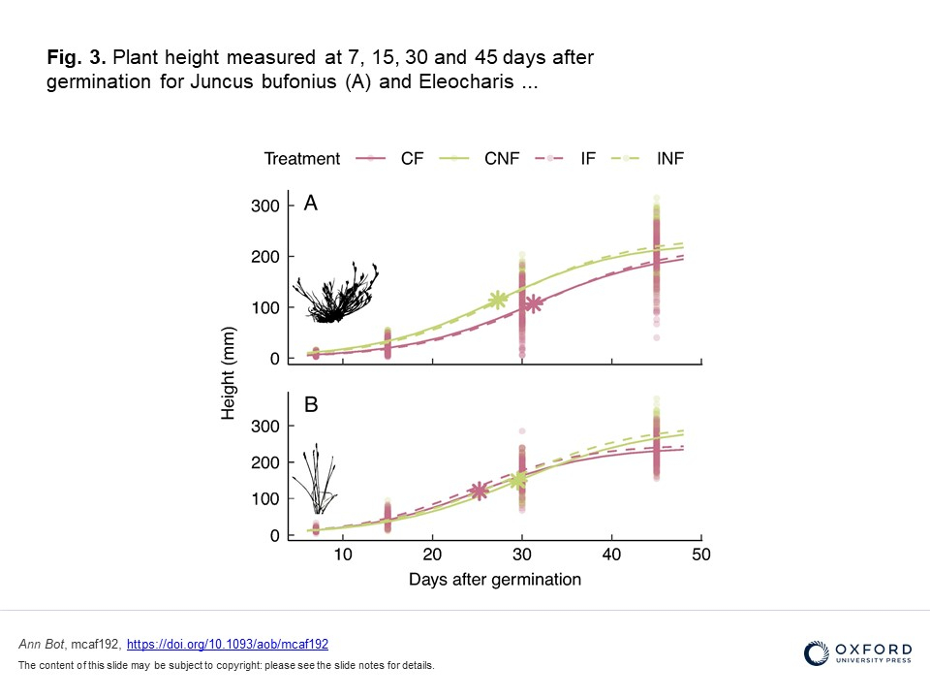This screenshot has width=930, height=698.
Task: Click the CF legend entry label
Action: (x=412, y=159)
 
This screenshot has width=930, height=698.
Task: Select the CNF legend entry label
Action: (x=501, y=159)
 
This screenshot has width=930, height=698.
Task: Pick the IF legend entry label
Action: (x=588, y=159)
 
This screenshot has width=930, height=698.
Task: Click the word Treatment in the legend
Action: (x=302, y=159)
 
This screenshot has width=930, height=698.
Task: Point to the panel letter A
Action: (x=311, y=204)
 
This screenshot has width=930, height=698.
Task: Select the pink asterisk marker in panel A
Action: (x=532, y=304)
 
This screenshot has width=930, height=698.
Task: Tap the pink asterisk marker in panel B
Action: (x=479, y=491)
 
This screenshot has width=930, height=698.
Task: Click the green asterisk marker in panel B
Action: (x=518, y=479)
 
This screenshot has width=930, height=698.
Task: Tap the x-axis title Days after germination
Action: (x=494, y=580)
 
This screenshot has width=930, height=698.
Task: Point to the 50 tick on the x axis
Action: (x=700, y=555)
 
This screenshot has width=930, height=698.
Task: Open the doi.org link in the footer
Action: (x=228, y=644)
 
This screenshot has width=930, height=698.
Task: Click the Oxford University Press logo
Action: (x=857, y=653)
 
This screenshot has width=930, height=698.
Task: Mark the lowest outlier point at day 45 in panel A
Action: (x=656, y=337)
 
